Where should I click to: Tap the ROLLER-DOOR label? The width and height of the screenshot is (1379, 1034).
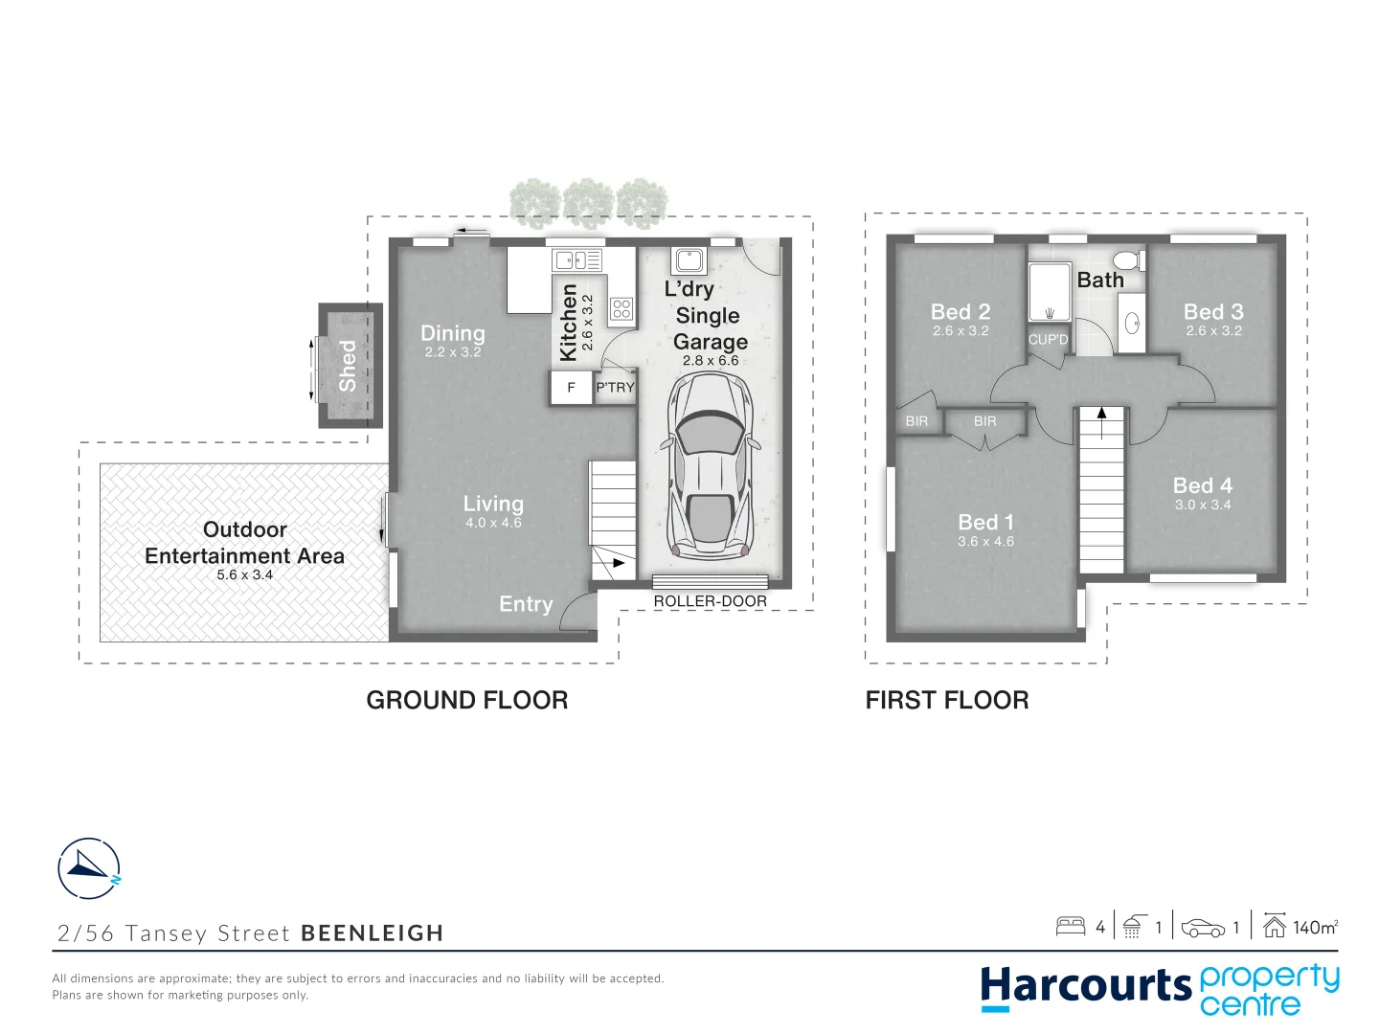pos(710,601)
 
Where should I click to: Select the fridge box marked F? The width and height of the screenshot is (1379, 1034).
pos(571,388)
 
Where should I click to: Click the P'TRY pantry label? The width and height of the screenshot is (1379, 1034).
pos(615,388)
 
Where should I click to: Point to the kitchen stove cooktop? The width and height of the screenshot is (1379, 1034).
pos(622,308)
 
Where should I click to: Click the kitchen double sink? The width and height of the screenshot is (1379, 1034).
pos(577,259)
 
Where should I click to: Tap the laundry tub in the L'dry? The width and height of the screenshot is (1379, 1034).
pos(689,259)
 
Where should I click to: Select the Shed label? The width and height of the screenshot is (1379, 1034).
pos(348,366)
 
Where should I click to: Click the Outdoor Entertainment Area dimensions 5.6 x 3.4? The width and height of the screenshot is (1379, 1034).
pos(244,575)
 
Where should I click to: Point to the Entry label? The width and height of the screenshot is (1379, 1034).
pos(526,604)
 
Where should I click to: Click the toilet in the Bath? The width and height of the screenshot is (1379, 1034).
pos(1127,260)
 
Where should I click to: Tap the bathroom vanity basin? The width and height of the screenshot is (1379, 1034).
pos(1131,324)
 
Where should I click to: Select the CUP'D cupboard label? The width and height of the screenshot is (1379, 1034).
pos(1048,340)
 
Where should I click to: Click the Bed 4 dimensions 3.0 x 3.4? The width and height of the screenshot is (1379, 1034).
pos(1203,505)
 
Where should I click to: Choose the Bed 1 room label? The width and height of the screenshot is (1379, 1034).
pos(985,522)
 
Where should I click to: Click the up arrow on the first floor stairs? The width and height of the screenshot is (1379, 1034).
pos(1102,414)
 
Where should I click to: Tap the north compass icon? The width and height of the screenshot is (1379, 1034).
pos(89,867)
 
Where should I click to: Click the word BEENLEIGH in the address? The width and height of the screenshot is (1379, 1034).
pos(372,933)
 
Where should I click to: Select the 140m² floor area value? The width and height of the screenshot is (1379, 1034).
pos(1315,927)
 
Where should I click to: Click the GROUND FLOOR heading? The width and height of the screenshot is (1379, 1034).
pos(467,700)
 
